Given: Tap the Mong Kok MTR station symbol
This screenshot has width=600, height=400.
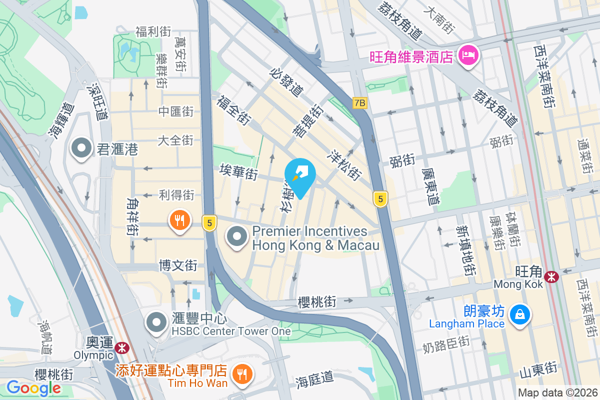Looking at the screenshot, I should pyautogui.click(x=551, y=276).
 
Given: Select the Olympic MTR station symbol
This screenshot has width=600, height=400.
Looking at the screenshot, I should pyautogui.click(x=120, y=347).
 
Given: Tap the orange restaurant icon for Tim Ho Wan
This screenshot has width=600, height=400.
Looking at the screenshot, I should pyautogui.click(x=242, y=373).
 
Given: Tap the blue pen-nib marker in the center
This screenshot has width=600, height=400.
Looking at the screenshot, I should pyautogui.click(x=300, y=175).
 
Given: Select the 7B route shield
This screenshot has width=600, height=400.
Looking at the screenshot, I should pyautogui.click(x=359, y=103).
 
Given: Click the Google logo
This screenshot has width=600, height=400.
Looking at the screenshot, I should pyautogui.click(x=33, y=388).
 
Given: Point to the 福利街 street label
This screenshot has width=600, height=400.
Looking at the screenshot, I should pyautogui.click(x=153, y=32).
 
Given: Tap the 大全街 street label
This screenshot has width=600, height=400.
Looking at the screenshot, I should pyautogui.click(x=175, y=140).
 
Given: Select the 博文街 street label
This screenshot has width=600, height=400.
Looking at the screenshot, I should pyautogui.click(x=178, y=265).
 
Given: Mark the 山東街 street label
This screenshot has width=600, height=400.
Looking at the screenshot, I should pyautogui.click(x=538, y=370).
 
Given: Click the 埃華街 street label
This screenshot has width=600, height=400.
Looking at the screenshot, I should pyautogui.click(x=238, y=173).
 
